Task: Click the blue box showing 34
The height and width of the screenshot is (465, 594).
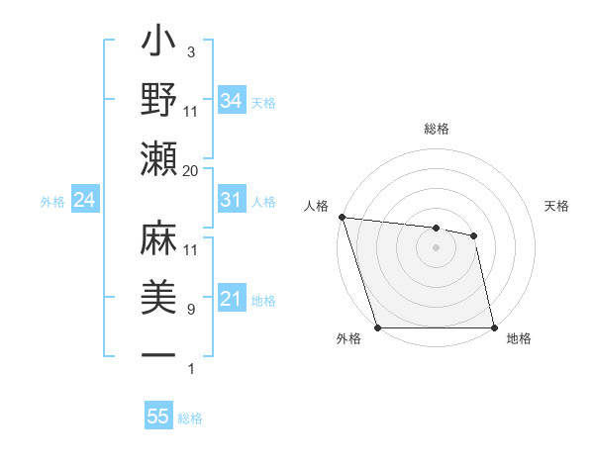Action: (x=232, y=100)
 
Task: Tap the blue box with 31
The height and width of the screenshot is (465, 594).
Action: (x=232, y=200)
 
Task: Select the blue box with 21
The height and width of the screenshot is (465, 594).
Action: (x=232, y=299)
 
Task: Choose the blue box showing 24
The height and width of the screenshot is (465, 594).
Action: (x=85, y=200)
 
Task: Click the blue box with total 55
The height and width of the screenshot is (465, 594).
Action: (x=158, y=417)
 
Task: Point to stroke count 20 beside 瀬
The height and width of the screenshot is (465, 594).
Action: (x=191, y=171)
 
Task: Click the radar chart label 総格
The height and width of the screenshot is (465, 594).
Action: (x=436, y=129)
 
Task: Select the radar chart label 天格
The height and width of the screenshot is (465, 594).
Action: (x=556, y=206)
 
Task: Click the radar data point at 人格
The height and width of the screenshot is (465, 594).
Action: (x=342, y=217)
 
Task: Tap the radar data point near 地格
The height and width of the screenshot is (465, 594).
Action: (x=494, y=327)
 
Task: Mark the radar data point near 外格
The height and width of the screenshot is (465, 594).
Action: (x=377, y=327)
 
